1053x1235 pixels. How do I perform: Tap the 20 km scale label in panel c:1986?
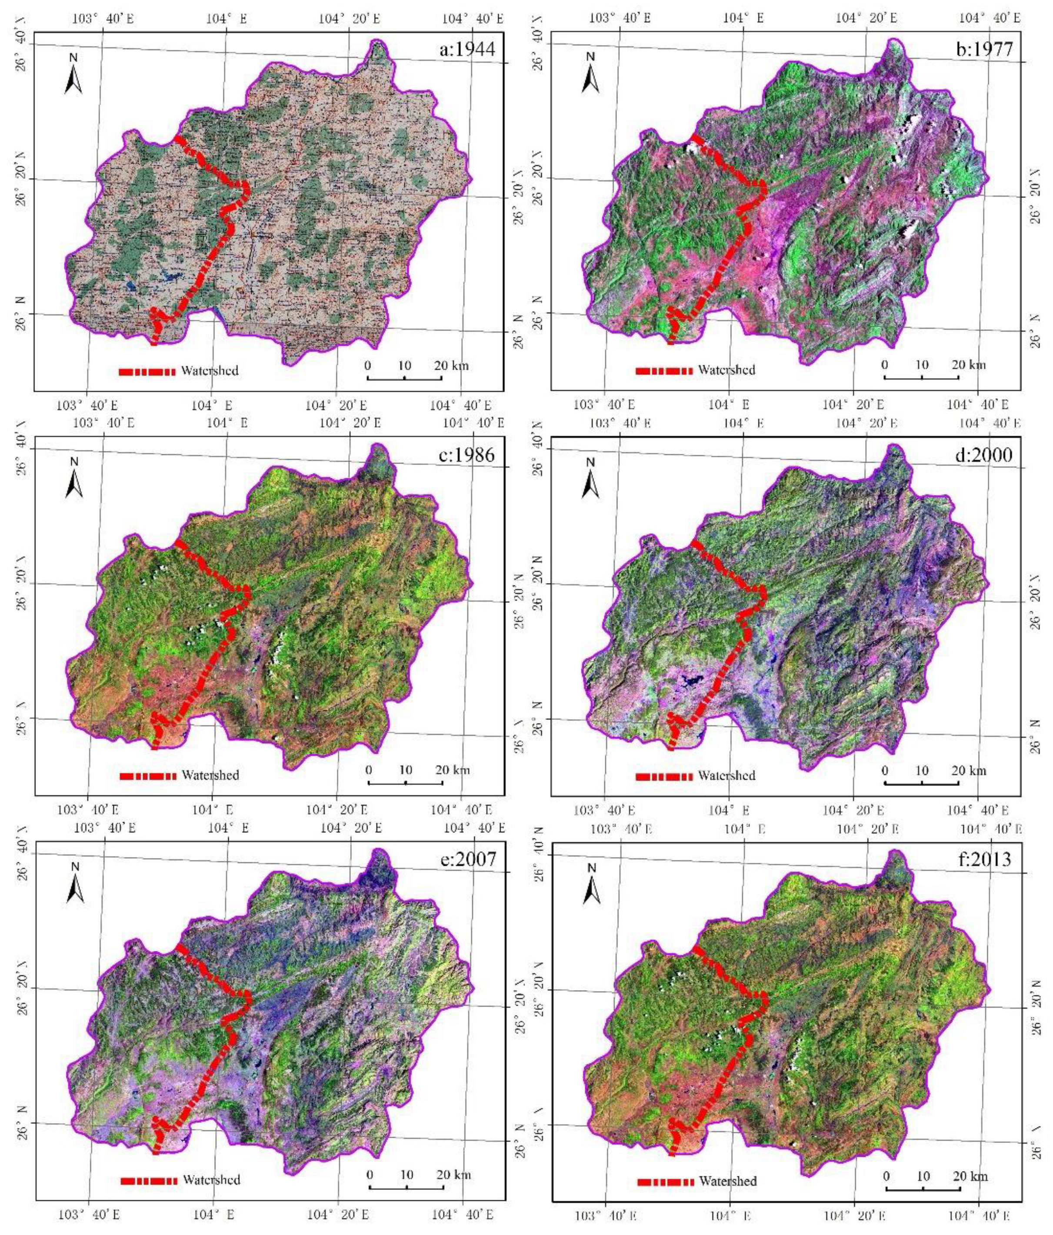[452, 770]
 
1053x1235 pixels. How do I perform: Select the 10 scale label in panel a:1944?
[405, 365]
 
